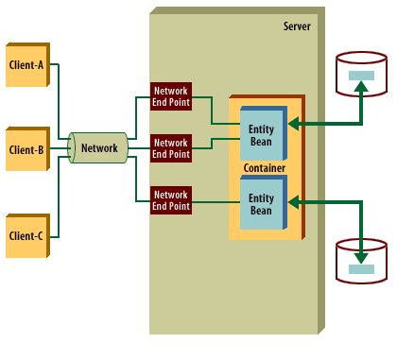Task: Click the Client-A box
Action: [27, 64]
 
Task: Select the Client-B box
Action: [27, 149]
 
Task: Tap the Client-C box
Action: [27, 236]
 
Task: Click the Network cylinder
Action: [98, 147]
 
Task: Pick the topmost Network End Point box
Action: [171, 96]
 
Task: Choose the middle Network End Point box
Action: [171, 148]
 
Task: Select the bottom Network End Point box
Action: [171, 200]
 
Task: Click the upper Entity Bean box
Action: [264, 133]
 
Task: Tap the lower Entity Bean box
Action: [264, 202]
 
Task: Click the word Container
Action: [265, 168]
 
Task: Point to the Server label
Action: [297, 26]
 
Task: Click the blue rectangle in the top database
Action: [361, 76]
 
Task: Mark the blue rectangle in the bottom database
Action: [361, 269]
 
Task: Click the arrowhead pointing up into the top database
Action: [361, 86]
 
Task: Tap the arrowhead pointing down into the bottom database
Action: [361, 258]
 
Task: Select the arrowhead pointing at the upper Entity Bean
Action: [294, 124]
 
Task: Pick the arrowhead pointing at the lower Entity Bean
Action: [294, 202]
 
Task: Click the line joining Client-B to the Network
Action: [60, 148]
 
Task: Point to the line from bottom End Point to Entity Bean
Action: [216, 201]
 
